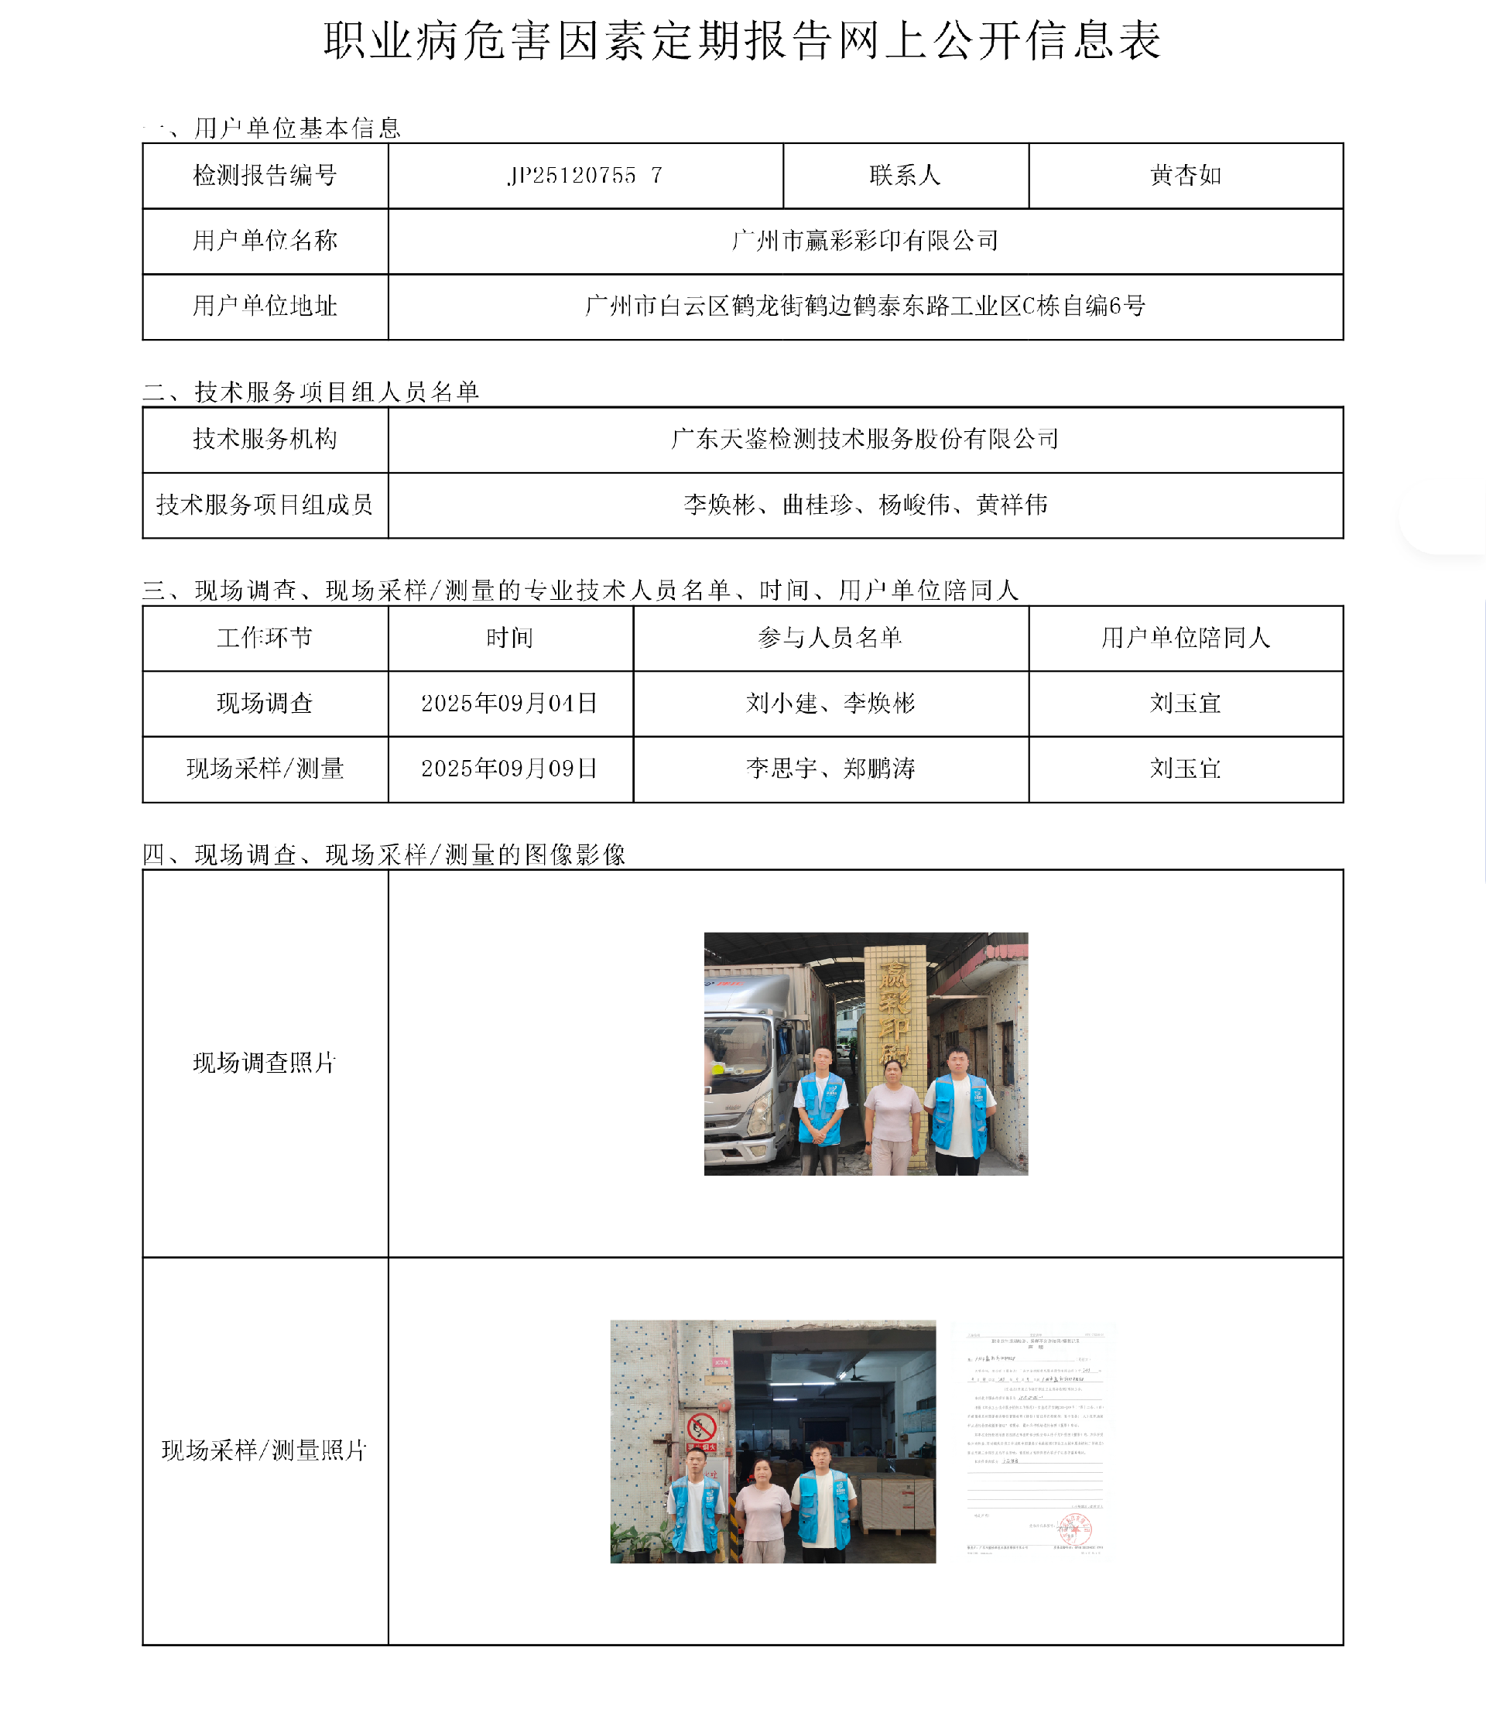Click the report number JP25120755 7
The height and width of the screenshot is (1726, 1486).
tap(585, 176)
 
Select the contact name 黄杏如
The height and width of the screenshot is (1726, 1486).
tap(1185, 176)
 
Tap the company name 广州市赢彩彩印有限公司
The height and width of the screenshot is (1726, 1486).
tap(865, 241)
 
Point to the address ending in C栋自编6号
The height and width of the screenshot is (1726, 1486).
tap(865, 306)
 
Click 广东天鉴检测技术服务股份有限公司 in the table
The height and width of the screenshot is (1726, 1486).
tap(865, 439)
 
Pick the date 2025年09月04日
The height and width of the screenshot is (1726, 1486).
tap(510, 703)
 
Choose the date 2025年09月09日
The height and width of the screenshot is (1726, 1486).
tap(510, 768)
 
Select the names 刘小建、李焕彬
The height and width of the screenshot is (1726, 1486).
tap(830, 703)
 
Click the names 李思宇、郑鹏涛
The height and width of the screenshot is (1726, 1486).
tap(830, 768)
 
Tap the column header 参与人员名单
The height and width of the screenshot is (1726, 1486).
tap(830, 637)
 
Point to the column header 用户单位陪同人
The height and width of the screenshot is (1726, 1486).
tap(1185, 637)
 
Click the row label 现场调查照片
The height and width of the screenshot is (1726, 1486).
tap(264, 1063)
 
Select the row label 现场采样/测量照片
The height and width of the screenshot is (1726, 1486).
tap(264, 1450)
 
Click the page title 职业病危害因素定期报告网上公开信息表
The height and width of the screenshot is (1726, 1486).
tap(742, 40)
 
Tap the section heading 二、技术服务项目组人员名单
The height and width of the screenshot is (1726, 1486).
tap(310, 392)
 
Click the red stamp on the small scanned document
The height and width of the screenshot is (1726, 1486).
tap(1074, 1529)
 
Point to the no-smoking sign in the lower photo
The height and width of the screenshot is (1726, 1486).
tap(701, 1429)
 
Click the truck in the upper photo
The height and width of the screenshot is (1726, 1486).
tap(750, 1074)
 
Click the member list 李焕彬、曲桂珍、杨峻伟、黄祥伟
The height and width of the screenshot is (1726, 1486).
tap(865, 505)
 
